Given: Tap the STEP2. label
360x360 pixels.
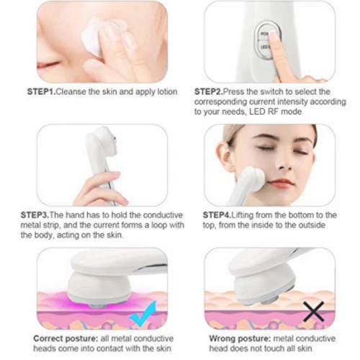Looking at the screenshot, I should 209,92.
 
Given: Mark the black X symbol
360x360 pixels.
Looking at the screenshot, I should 314,311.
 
